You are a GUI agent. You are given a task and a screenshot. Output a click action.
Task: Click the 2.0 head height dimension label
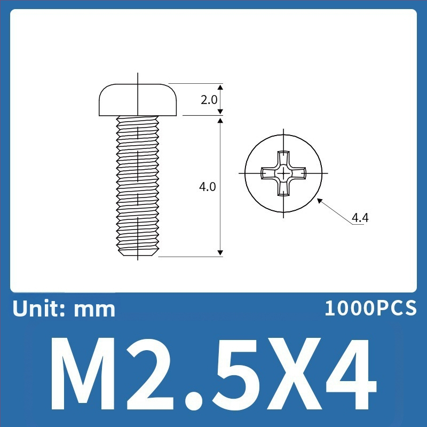209,100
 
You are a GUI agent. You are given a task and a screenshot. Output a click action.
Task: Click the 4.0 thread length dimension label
207,187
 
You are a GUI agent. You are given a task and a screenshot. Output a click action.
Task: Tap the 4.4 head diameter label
360,218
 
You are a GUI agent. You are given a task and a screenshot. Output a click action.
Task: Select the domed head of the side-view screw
138,100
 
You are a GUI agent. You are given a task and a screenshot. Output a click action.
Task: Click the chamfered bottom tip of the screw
138,252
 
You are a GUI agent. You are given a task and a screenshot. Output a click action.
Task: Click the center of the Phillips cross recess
283,173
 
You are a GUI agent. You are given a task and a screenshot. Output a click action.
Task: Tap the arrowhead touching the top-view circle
320,201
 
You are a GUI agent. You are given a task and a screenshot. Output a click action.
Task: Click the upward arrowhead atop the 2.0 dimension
220,87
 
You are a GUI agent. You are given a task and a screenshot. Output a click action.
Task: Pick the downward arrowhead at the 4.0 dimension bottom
220,253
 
